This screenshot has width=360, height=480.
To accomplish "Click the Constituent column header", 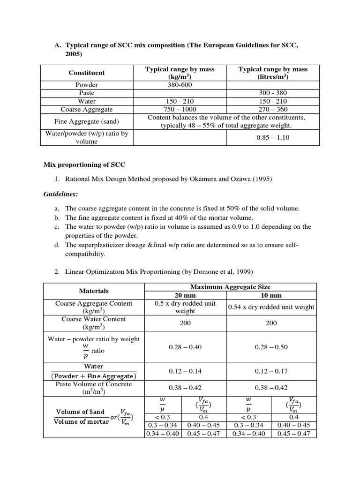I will (87, 73).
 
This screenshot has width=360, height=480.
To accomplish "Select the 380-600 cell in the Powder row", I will (180, 85).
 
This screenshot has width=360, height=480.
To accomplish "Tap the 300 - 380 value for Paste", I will (273, 93).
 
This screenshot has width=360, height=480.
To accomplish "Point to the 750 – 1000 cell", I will (180, 109).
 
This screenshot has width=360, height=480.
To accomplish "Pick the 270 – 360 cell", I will (273, 109).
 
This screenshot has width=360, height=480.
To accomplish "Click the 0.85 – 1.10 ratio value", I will (273, 137).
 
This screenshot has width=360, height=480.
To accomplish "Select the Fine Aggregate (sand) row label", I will (87, 121).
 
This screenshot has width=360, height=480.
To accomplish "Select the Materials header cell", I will (93, 291).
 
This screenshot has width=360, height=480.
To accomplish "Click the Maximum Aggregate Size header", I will (230, 286).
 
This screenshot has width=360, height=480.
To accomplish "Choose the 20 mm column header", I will (185, 295).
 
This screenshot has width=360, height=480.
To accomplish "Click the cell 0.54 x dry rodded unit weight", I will (271, 307).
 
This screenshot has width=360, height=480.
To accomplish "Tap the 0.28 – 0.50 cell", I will (271, 347).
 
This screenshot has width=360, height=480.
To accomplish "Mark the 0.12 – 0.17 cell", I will (271, 371).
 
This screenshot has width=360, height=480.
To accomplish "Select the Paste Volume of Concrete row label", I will (93, 388).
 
